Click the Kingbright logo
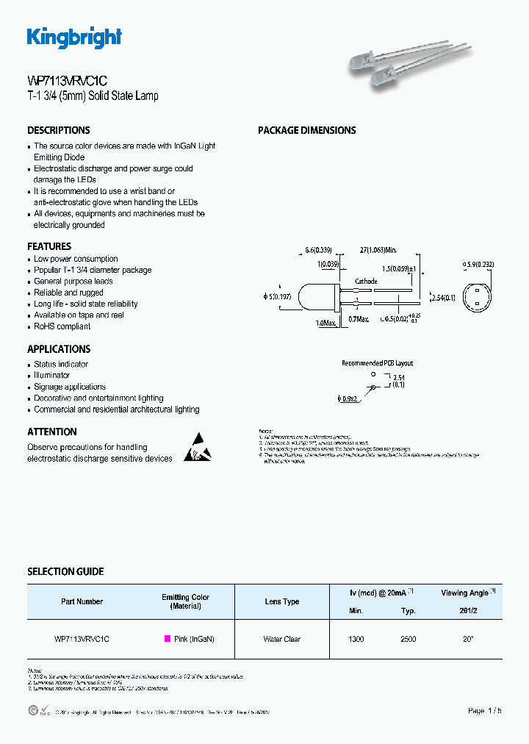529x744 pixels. click(74, 37)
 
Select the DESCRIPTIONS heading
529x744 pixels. click(59, 130)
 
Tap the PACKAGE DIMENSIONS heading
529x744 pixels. click(306, 130)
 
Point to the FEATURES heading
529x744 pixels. click(49, 246)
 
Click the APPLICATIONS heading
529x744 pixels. click(59, 349)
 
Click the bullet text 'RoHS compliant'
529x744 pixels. click(62, 326)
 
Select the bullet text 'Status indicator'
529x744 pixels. click(61, 364)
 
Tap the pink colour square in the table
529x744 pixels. click(167, 639)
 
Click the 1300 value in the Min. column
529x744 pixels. click(356, 639)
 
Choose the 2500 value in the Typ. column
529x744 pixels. click(409, 639)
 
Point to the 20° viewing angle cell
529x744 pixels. click(468, 639)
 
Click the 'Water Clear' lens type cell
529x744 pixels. click(282, 639)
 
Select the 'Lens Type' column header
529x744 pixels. click(282, 601)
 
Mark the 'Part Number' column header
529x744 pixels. click(82, 601)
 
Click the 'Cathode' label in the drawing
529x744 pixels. click(366, 282)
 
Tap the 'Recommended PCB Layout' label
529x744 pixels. click(377, 363)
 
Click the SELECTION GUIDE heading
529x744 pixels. click(65, 571)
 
